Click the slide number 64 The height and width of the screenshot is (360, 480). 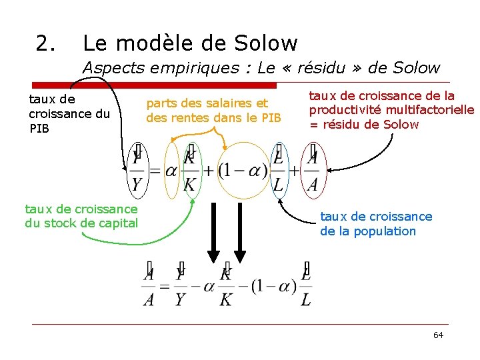pos(438,335)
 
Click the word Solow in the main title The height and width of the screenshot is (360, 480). pos(266,43)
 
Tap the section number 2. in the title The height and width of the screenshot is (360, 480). pos(46,43)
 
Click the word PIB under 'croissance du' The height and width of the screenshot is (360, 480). pos(39,128)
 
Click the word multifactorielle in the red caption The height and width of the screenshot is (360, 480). pos(434,109)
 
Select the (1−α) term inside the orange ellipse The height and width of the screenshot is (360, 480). pos(243,171)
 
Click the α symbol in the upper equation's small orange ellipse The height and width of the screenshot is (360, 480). pos(171,171)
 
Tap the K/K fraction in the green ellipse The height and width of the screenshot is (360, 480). pos(190,171)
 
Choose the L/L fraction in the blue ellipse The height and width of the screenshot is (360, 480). pos(278,171)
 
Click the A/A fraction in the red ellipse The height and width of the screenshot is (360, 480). pos(312,171)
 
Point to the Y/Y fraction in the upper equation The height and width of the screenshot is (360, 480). pos(137,171)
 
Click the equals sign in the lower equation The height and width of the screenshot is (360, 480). pos(165,287)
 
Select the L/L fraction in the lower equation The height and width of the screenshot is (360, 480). pos(305,287)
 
